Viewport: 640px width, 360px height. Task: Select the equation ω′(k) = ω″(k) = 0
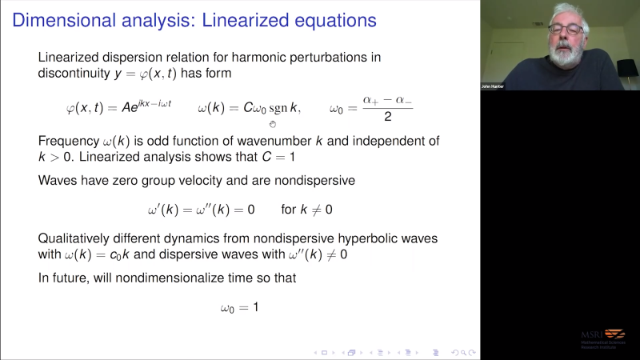tap(201, 210)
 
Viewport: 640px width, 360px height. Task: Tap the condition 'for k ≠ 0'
tap(306, 210)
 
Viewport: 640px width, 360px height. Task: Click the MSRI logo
tap(603, 336)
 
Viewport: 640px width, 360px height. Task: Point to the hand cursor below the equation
tap(272, 124)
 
